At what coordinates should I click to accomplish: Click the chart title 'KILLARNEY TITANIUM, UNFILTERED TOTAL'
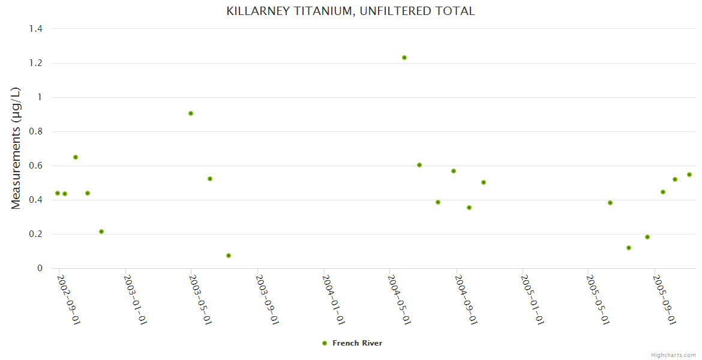click(x=350, y=11)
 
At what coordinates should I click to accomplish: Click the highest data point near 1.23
click(x=404, y=58)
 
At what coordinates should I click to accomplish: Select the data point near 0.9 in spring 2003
click(x=191, y=113)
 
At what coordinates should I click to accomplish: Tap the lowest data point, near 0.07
click(x=229, y=256)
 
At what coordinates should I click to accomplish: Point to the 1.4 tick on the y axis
click(x=35, y=29)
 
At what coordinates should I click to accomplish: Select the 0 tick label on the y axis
click(x=39, y=268)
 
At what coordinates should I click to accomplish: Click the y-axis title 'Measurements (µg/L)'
click(x=16, y=148)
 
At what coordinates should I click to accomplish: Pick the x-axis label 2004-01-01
click(x=334, y=299)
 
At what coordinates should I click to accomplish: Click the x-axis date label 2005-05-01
click(x=598, y=299)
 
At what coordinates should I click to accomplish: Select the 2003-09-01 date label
click(x=268, y=299)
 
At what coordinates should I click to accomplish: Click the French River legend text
click(x=357, y=343)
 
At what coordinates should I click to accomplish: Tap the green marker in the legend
click(x=325, y=343)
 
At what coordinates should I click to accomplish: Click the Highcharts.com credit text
click(x=673, y=355)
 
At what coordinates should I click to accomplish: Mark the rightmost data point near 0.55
click(x=689, y=175)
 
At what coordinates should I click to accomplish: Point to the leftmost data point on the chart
click(x=58, y=193)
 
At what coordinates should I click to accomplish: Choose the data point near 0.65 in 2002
click(x=76, y=157)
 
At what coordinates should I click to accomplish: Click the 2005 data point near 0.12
click(x=629, y=248)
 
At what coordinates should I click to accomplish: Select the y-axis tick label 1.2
click(x=35, y=63)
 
